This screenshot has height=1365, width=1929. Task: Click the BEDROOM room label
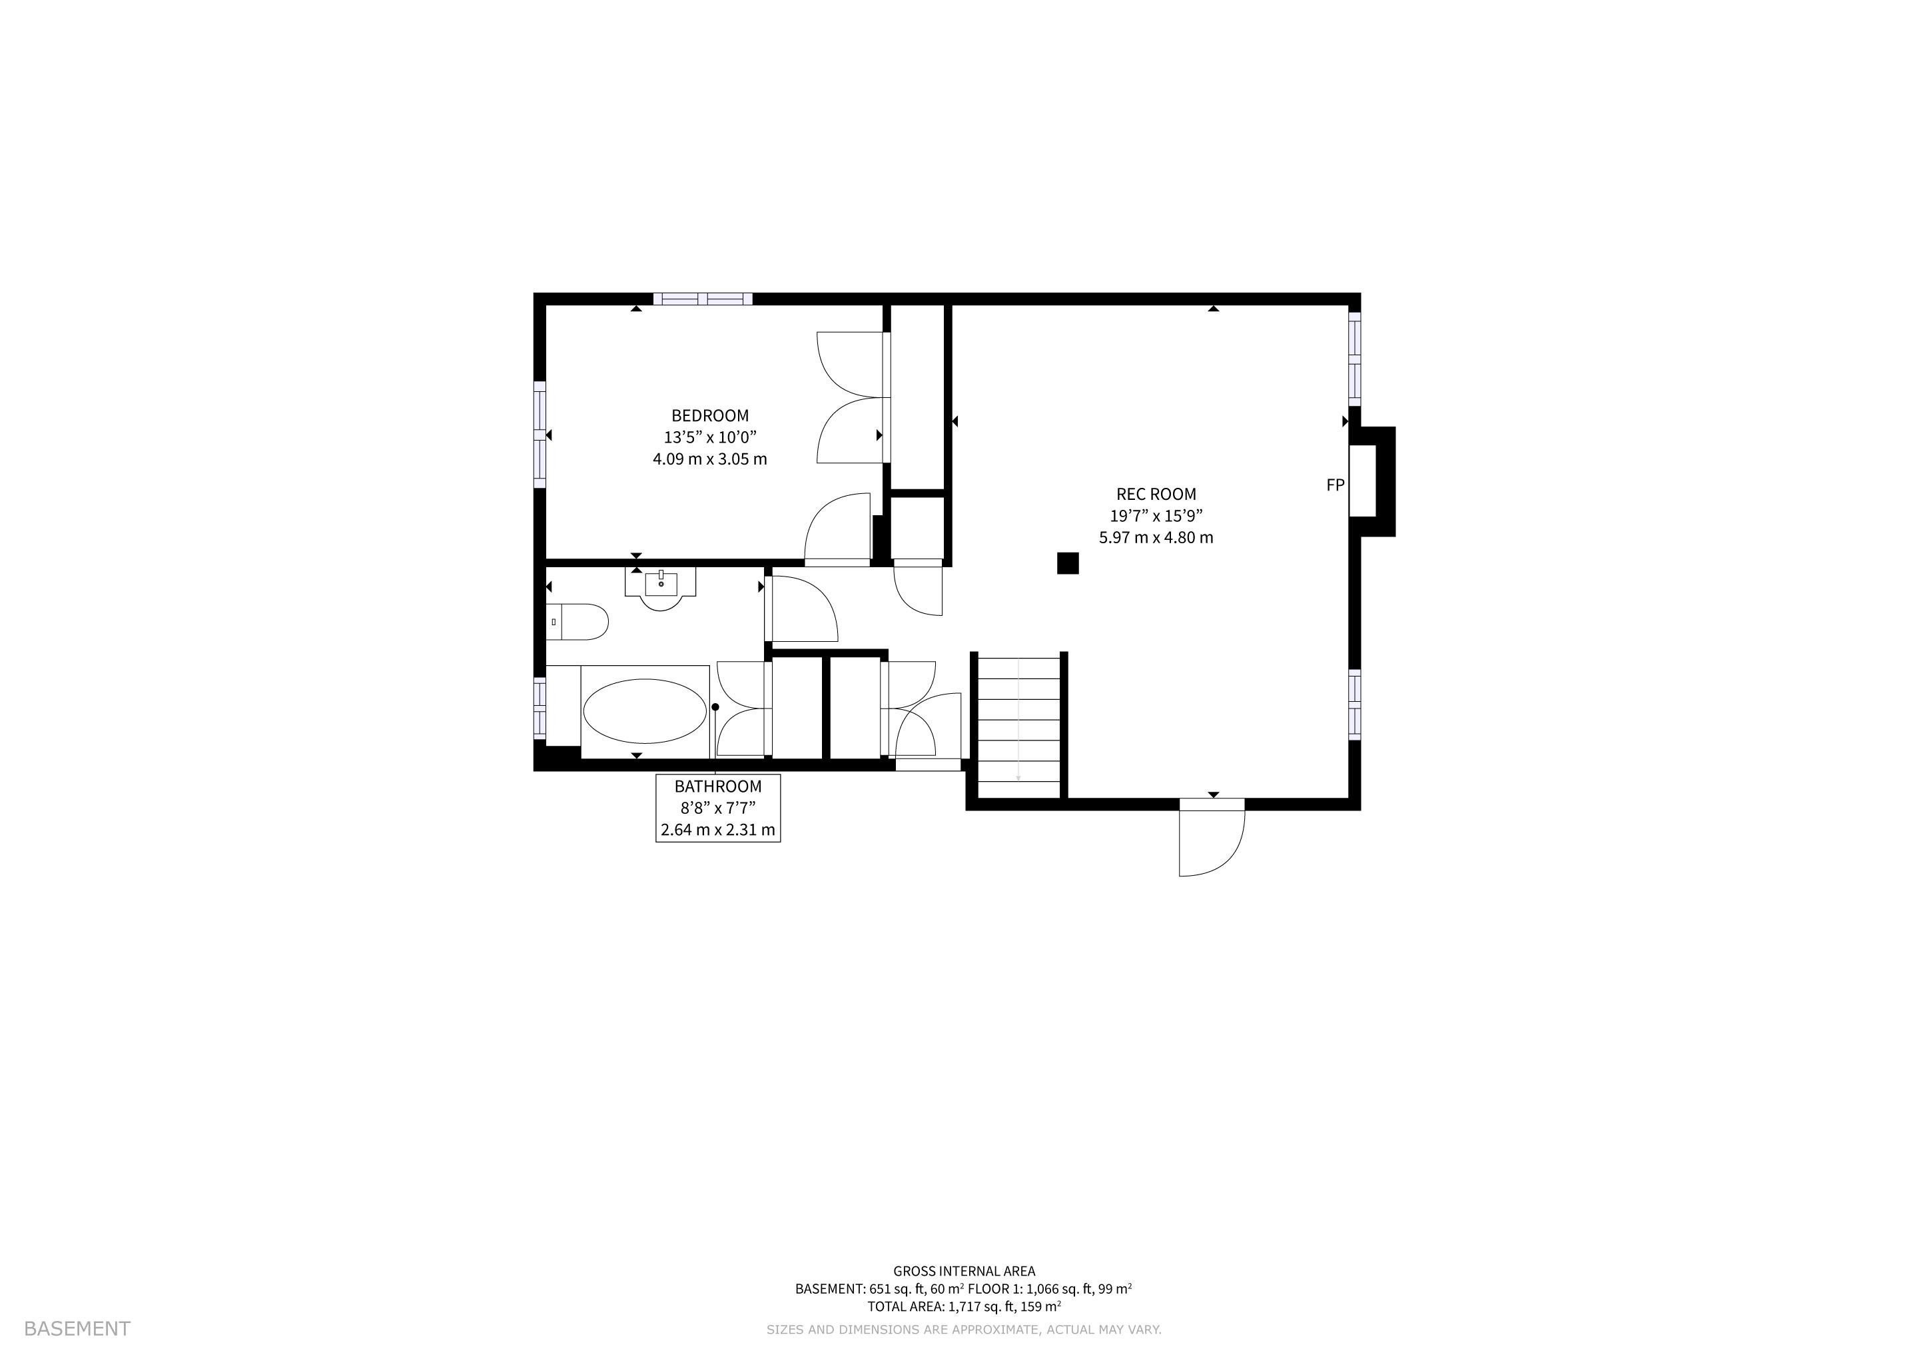[710, 415]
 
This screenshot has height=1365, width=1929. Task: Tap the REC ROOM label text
[1156, 495]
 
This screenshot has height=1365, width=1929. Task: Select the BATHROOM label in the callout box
[718, 786]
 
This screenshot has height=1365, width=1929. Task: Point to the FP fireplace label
[1335, 485]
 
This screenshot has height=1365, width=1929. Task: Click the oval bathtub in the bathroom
[645, 711]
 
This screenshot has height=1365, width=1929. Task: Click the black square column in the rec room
[1067, 563]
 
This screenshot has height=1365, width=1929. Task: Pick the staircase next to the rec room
[1018, 725]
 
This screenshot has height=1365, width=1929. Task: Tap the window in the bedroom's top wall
[703, 299]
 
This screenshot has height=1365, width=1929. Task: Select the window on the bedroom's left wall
[540, 434]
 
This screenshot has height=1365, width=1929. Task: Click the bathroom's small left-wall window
[540, 708]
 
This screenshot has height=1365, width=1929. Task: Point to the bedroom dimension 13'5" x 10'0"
[710, 437]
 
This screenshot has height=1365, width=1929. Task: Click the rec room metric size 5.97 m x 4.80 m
[1156, 538]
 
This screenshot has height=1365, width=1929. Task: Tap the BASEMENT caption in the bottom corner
[77, 1329]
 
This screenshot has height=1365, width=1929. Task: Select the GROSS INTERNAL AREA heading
[964, 1272]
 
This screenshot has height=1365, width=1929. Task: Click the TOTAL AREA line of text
[964, 1307]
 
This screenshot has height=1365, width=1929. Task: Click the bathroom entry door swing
[803, 609]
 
